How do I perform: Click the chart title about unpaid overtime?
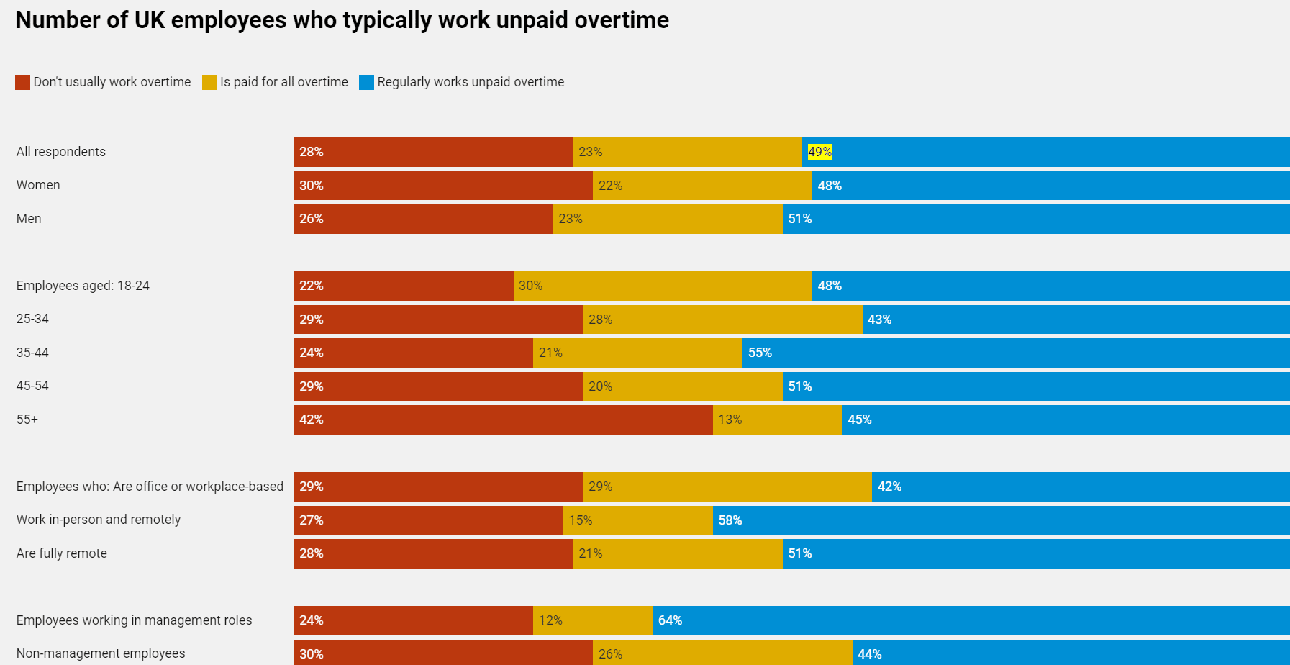point(342,20)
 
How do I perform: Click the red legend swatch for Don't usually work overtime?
point(22,82)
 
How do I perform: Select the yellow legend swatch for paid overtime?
point(209,82)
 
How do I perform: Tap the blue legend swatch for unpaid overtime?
point(366,82)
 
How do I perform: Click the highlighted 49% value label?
point(819,152)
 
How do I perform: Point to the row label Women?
point(38,185)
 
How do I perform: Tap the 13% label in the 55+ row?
point(730,420)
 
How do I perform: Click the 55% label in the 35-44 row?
point(760,353)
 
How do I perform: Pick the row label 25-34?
point(32,319)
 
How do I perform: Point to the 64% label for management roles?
point(670,620)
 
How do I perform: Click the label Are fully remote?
point(62,553)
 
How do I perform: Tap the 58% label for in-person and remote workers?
point(730,520)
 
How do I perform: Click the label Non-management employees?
point(101,653)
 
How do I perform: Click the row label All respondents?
point(61,152)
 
